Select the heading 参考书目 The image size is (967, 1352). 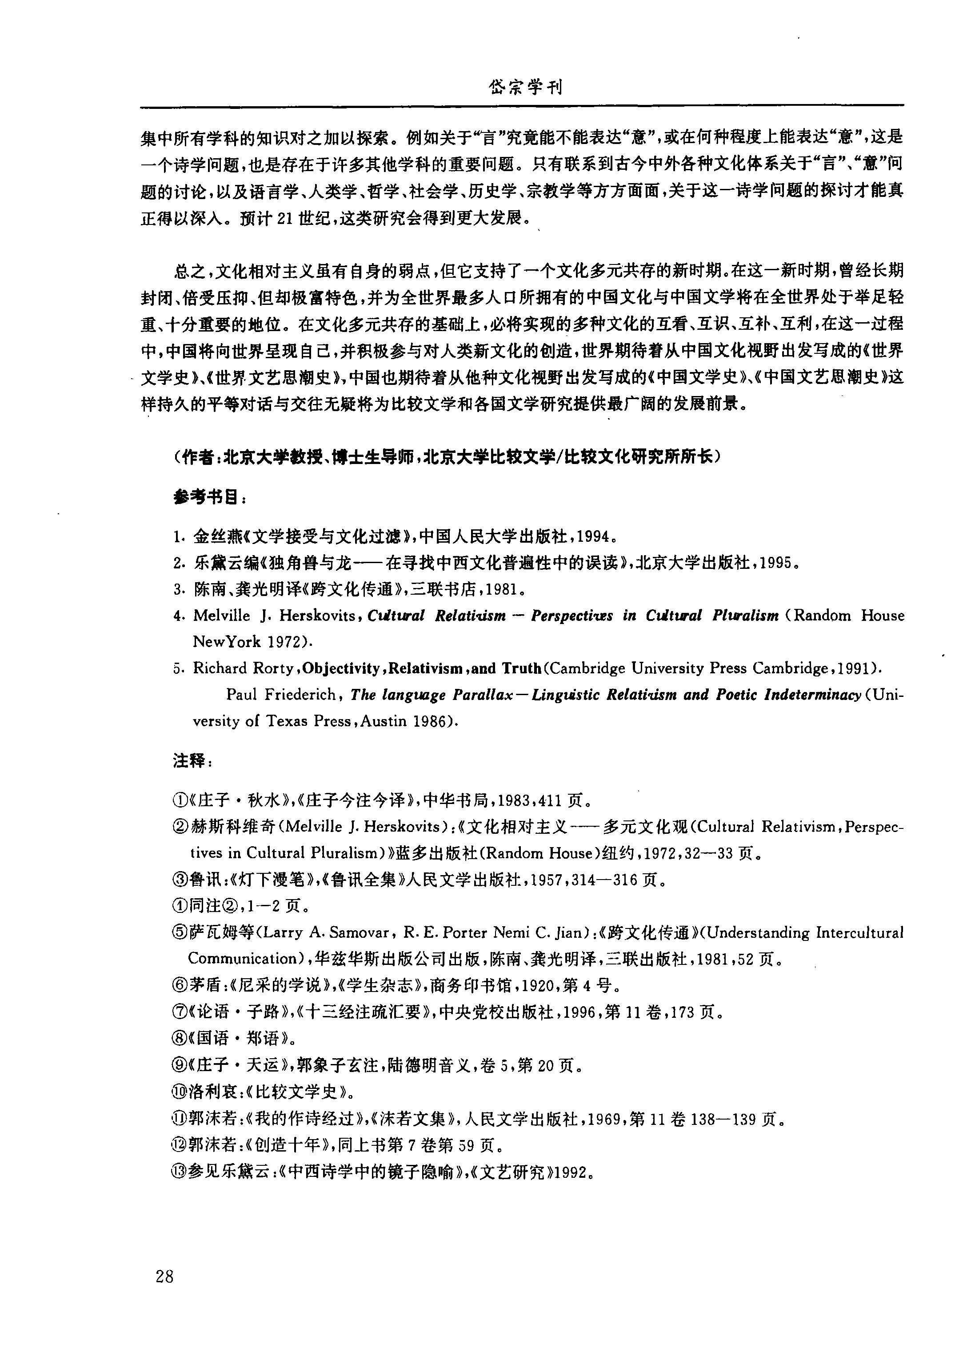[x=208, y=498]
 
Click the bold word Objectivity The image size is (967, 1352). [x=340, y=668]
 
